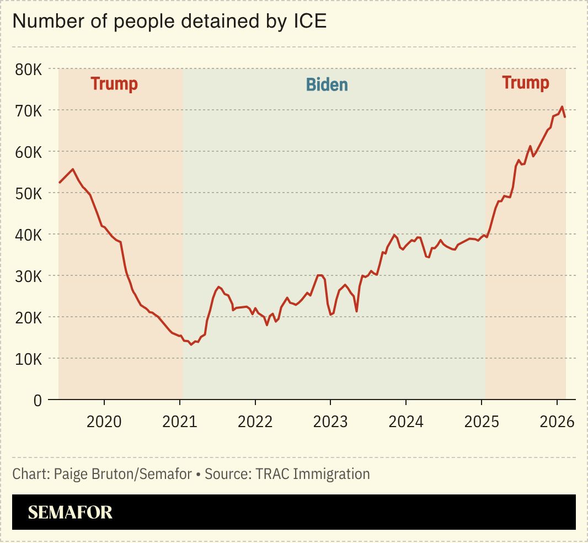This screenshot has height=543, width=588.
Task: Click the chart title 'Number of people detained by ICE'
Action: point(170,22)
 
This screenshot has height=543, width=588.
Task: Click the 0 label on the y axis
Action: point(37,401)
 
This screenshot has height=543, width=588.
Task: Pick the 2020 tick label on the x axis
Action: point(104,422)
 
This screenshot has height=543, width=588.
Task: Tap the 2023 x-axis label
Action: point(330,422)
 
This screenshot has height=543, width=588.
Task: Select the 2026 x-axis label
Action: point(557,422)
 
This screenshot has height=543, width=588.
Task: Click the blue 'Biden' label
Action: point(327,84)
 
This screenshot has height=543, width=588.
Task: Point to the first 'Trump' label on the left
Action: point(114,84)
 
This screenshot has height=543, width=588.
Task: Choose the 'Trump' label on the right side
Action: point(525,83)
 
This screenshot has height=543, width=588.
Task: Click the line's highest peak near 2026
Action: point(562,107)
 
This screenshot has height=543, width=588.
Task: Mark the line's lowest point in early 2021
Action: point(191,344)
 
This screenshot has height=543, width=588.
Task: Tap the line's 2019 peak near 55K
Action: point(73,169)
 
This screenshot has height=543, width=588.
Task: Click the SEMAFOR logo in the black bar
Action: point(70,513)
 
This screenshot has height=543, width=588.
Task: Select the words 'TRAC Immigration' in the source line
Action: point(313,474)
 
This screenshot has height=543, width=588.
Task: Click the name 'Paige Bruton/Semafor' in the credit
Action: point(123,474)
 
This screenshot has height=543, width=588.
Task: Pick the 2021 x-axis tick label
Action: point(180,422)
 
